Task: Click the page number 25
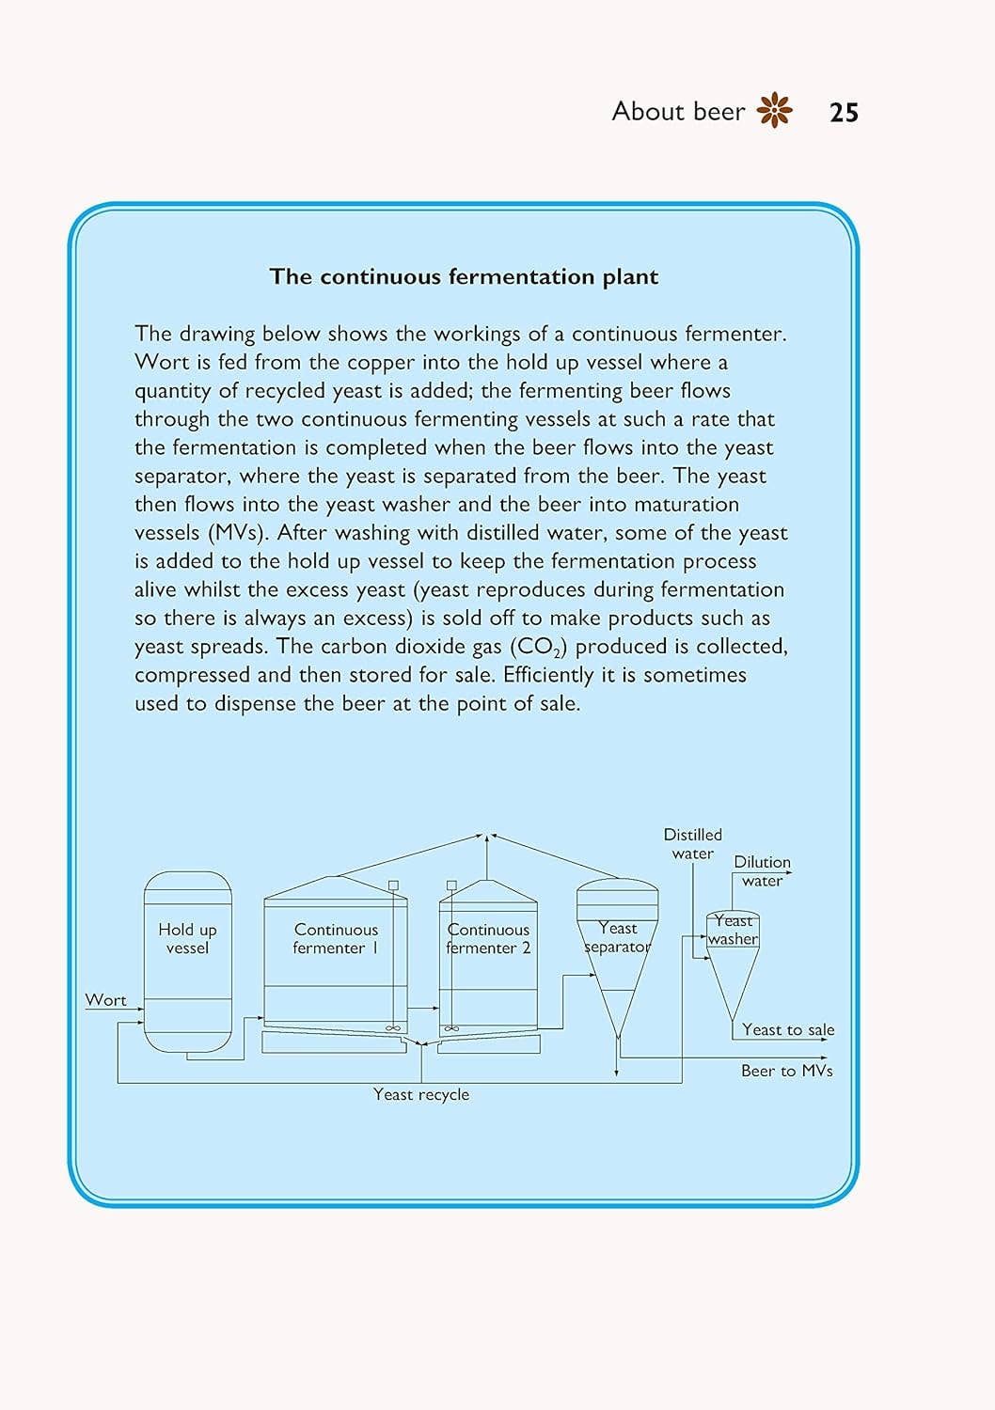point(844,113)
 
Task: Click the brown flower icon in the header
point(774,110)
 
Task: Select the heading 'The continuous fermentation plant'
point(464,276)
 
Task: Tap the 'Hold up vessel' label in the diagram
point(187,938)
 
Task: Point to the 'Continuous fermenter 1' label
point(336,938)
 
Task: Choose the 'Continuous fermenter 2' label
point(488,938)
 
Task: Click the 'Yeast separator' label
point(617,937)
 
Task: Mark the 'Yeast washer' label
point(733,930)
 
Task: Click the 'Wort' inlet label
point(105,1000)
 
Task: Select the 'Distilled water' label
point(693,843)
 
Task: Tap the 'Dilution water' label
point(762,871)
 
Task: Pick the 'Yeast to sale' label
point(787,1029)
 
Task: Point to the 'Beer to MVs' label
point(786,1071)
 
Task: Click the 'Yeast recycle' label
point(420,1094)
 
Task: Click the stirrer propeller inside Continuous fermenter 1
point(393,1028)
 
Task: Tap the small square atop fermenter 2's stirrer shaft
point(451,885)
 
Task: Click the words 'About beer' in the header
point(678,111)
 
